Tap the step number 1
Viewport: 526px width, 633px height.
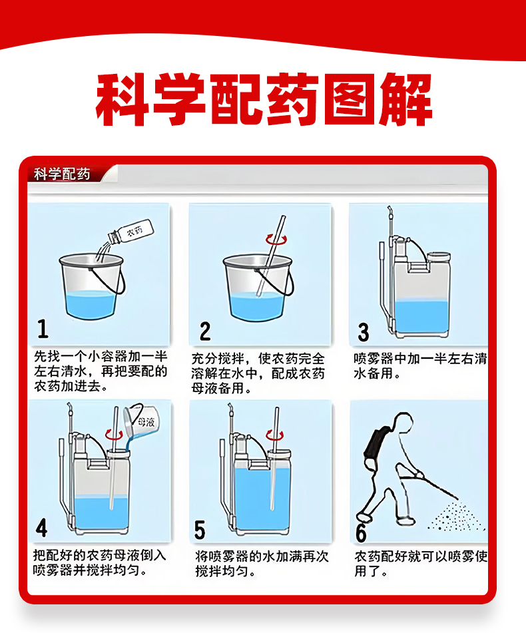tap(43, 329)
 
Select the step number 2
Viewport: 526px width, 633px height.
tap(205, 331)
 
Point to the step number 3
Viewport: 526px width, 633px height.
tap(364, 332)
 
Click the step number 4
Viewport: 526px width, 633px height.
tap(41, 528)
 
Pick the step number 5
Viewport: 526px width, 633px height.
tap(200, 530)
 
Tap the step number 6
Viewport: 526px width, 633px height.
tap(361, 533)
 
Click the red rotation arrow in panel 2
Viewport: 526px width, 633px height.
tap(276, 240)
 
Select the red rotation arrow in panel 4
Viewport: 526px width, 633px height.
tap(114, 435)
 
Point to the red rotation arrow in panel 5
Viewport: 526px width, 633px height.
tap(274, 435)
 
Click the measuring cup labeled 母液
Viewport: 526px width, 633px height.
tap(141, 422)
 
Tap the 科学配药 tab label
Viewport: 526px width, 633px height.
tap(62, 174)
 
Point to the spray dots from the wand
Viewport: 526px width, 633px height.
tap(456, 517)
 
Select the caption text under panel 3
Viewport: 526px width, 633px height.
tap(420, 365)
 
